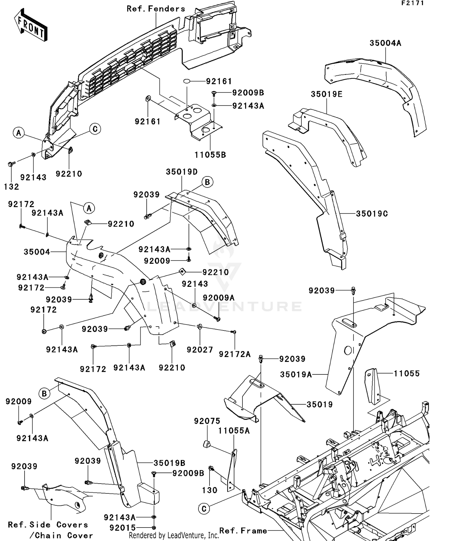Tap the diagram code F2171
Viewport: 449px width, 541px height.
[x=413, y=3]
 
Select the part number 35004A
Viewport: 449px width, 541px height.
[x=385, y=43]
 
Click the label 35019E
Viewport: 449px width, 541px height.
[x=327, y=94]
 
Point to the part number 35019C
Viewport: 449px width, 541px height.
[x=372, y=214]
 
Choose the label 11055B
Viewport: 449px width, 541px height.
[x=210, y=155]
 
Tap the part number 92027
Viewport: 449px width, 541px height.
[x=200, y=350]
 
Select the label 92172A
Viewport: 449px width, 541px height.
[x=235, y=354]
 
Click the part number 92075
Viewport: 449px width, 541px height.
[x=207, y=421]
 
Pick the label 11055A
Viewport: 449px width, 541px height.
[x=234, y=431]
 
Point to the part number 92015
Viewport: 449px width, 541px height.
[x=123, y=528]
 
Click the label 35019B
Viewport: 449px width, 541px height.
[x=169, y=463]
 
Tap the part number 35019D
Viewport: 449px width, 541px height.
[x=182, y=172]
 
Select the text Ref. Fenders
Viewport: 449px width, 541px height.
[x=156, y=9]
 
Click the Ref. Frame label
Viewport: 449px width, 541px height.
[x=243, y=531]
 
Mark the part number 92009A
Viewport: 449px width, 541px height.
[x=219, y=298]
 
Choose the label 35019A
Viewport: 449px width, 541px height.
[x=296, y=374]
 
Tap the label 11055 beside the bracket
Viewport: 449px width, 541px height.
[x=406, y=373]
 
